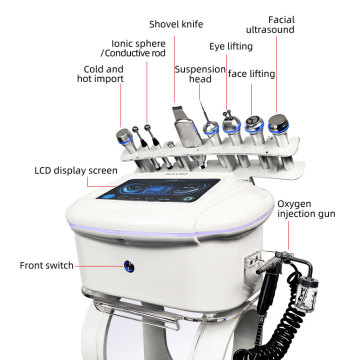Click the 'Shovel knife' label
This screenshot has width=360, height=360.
pyautogui.click(x=176, y=24)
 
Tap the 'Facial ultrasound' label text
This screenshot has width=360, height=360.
pyautogui.click(x=270, y=25)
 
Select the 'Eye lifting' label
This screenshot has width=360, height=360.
pyautogui.click(x=231, y=47)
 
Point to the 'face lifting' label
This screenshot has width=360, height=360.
pyautogui.click(x=251, y=74)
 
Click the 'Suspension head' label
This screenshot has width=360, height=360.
pyautogui.click(x=200, y=74)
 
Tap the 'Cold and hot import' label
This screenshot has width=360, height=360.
pyautogui.click(x=100, y=74)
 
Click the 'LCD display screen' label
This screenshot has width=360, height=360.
pyautogui.click(x=76, y=171)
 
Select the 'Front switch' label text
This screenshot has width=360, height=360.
pyautogui.click(x=46, y=266)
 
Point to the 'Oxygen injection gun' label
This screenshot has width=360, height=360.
pyautogui.click(x=306, y=209)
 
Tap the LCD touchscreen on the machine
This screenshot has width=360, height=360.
pyautogui.click(x=159, y=190)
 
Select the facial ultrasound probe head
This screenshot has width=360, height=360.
pyautogui.click(x=278, y=123)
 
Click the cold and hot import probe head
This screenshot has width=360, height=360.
pyautogui.click(x=124, y=136)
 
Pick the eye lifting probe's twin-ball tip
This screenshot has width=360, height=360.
pyautogui.click(x=229, y=115)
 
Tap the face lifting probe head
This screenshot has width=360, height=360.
pyautogui.click(x=254, y=125)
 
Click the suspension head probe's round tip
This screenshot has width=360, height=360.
pyautogui.click(x=211, y=128)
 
